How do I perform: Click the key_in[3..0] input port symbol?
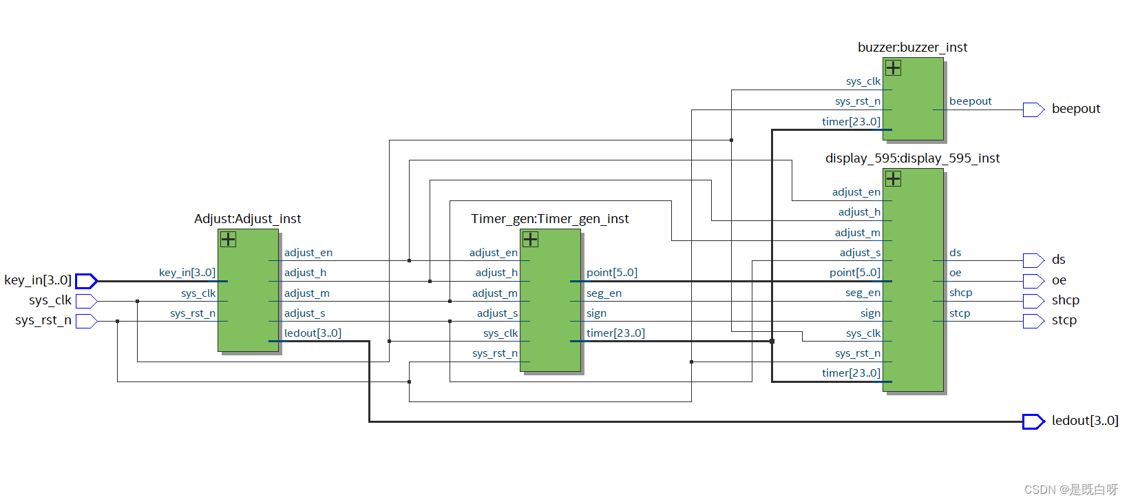[x=86, y=281]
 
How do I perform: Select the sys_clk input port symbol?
[x=86, y=301]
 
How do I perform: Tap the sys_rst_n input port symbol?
[x=86, y=321]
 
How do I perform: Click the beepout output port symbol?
[x=1033, y=109]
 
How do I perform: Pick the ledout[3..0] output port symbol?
[x=1033, y=421]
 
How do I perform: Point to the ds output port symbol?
[x=1033, y=260]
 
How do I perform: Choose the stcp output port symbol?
[x=1033, y=321]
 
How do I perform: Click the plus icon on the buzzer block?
[x=893, y=67]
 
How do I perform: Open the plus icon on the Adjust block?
[x=228, y=239]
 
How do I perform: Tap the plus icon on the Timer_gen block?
[x=530, y=239]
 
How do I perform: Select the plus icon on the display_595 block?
[x=893, y=178]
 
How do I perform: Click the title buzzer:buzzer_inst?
[x=912, y=48]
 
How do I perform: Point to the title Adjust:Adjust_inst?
[x=247, y=219]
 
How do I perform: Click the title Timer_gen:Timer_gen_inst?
[x=549, y=219]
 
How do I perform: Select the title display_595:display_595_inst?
[x=912, y=158]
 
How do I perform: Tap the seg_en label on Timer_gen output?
[x=604, y=293]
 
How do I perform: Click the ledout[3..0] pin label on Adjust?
[x=313, y=333]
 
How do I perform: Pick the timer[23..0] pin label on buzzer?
[x=851, y=122]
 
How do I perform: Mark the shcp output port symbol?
[x=1033, y=301]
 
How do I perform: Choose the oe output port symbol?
[x=1033, y=281]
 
